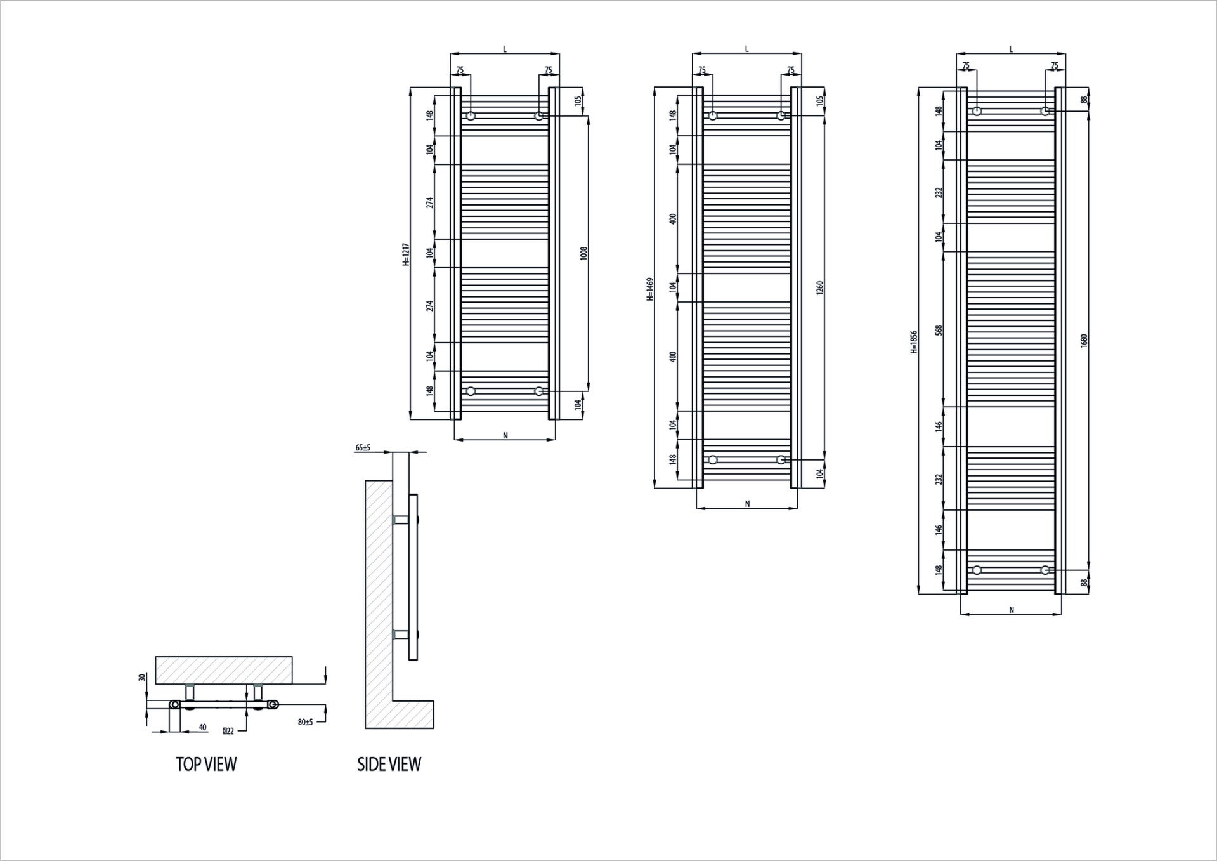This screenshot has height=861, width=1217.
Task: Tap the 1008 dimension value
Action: (x=584, y=253)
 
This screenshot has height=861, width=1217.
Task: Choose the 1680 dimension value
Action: (x=1084, y=340)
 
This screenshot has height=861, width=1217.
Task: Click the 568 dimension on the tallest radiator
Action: (x=939, y=330)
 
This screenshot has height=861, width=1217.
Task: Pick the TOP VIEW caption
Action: (x=206, y=765)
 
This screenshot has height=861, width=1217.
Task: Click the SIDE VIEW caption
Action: (x=389, y=765)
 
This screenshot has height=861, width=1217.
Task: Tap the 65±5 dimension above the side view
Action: (x=363, y=448)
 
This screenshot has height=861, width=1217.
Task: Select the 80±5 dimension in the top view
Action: (x=305, y=722)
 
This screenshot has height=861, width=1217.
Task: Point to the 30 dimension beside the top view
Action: (x=142, y=678)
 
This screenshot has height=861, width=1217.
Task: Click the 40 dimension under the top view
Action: (x=202, y=728)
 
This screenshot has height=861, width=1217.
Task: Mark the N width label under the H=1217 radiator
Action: (x=505, y=435)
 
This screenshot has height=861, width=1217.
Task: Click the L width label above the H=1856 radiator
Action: (x=1010, y=49)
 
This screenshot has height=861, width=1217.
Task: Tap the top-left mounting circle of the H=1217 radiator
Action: (x=471, y=116)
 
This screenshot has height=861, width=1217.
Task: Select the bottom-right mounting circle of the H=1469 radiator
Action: (x=781, y=459)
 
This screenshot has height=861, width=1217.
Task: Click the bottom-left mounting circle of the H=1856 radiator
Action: (x=977, y=570)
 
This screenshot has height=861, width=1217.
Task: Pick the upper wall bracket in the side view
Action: (x=401, y=520)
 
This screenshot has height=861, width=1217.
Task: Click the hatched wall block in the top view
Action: (x=225, y=670)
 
